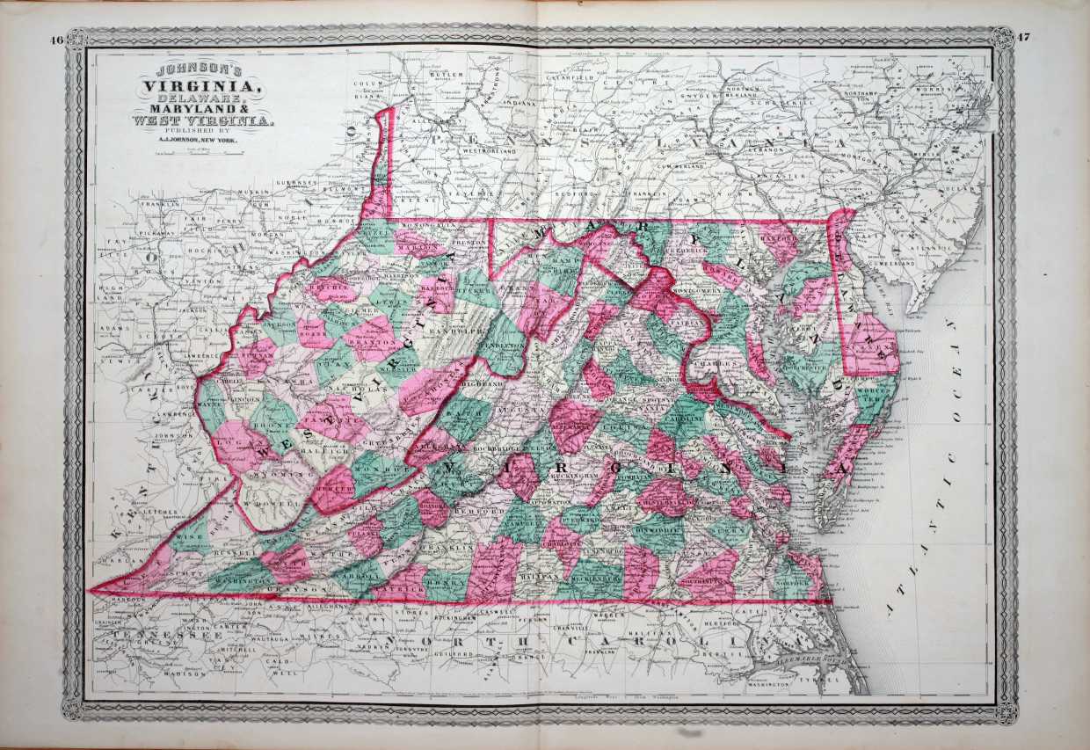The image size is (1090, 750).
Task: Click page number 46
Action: [x=57, y=40]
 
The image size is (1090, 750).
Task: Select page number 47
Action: [x=1023, y=37]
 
